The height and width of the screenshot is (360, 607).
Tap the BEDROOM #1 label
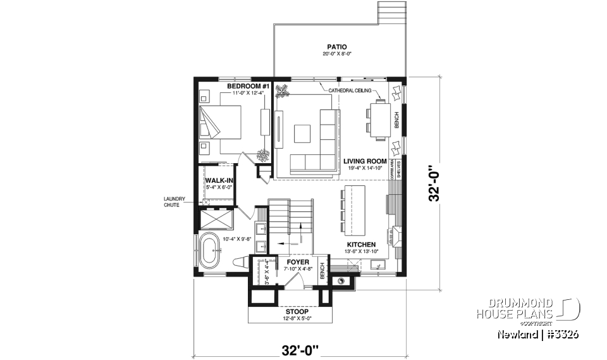tap(231, 86)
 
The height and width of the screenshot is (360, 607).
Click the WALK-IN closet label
tap(219, 180)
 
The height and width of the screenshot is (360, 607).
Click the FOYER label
tap(297, 261)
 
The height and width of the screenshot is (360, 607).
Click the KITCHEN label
tap(362, 244)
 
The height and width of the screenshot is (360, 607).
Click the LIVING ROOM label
tap(365, 161)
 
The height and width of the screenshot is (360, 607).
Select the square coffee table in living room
tap(301, 133)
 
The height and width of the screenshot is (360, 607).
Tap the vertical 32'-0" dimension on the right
tap(433, 184)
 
